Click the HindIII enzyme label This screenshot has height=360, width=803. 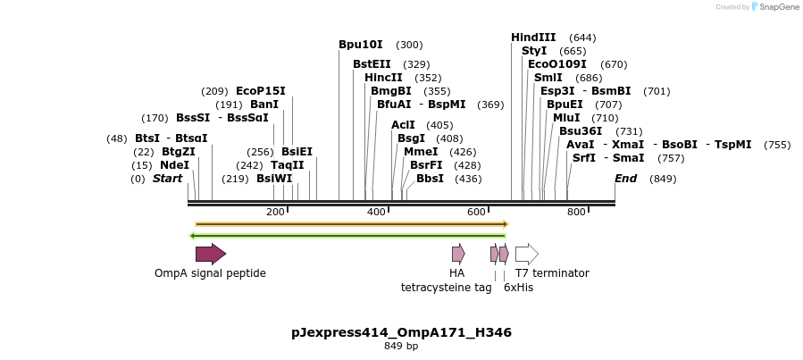click(533, 38)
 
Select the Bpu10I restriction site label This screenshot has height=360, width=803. click(360, 45)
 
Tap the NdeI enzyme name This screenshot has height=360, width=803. click(174, 165)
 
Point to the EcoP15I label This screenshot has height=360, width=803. click(260, 91)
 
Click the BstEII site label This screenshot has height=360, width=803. click(372, 64)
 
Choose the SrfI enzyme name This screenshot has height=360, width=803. click(584, 158)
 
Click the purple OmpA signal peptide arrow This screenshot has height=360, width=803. click(211, 254)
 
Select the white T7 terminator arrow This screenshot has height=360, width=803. click(527, 254)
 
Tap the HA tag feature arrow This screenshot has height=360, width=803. click(458, 254)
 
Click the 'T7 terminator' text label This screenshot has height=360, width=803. click(552, 273)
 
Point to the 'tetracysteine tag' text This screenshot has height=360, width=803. click(446, 288)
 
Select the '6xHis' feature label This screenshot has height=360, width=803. click(518, 288)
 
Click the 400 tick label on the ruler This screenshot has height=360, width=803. click(376, 212)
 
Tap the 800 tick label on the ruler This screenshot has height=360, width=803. click(576, 212)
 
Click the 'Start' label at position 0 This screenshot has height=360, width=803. click(167, 179)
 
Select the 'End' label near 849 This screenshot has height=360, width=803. click(625, 179)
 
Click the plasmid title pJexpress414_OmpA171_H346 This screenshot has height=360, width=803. click(401, 332)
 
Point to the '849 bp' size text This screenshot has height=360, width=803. click(401, 347)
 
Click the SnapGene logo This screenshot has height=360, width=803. click(775, 7)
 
